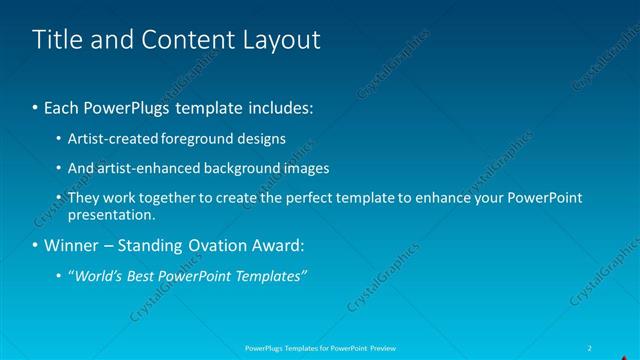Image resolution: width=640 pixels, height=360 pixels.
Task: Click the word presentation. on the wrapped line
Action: (x=111, y=214)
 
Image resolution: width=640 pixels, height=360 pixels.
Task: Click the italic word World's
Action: (x=98, y=276)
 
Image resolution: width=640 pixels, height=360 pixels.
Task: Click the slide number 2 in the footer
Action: (x=591, y=348)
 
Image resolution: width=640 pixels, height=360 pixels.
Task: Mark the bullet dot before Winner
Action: (x=36, y=245)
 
